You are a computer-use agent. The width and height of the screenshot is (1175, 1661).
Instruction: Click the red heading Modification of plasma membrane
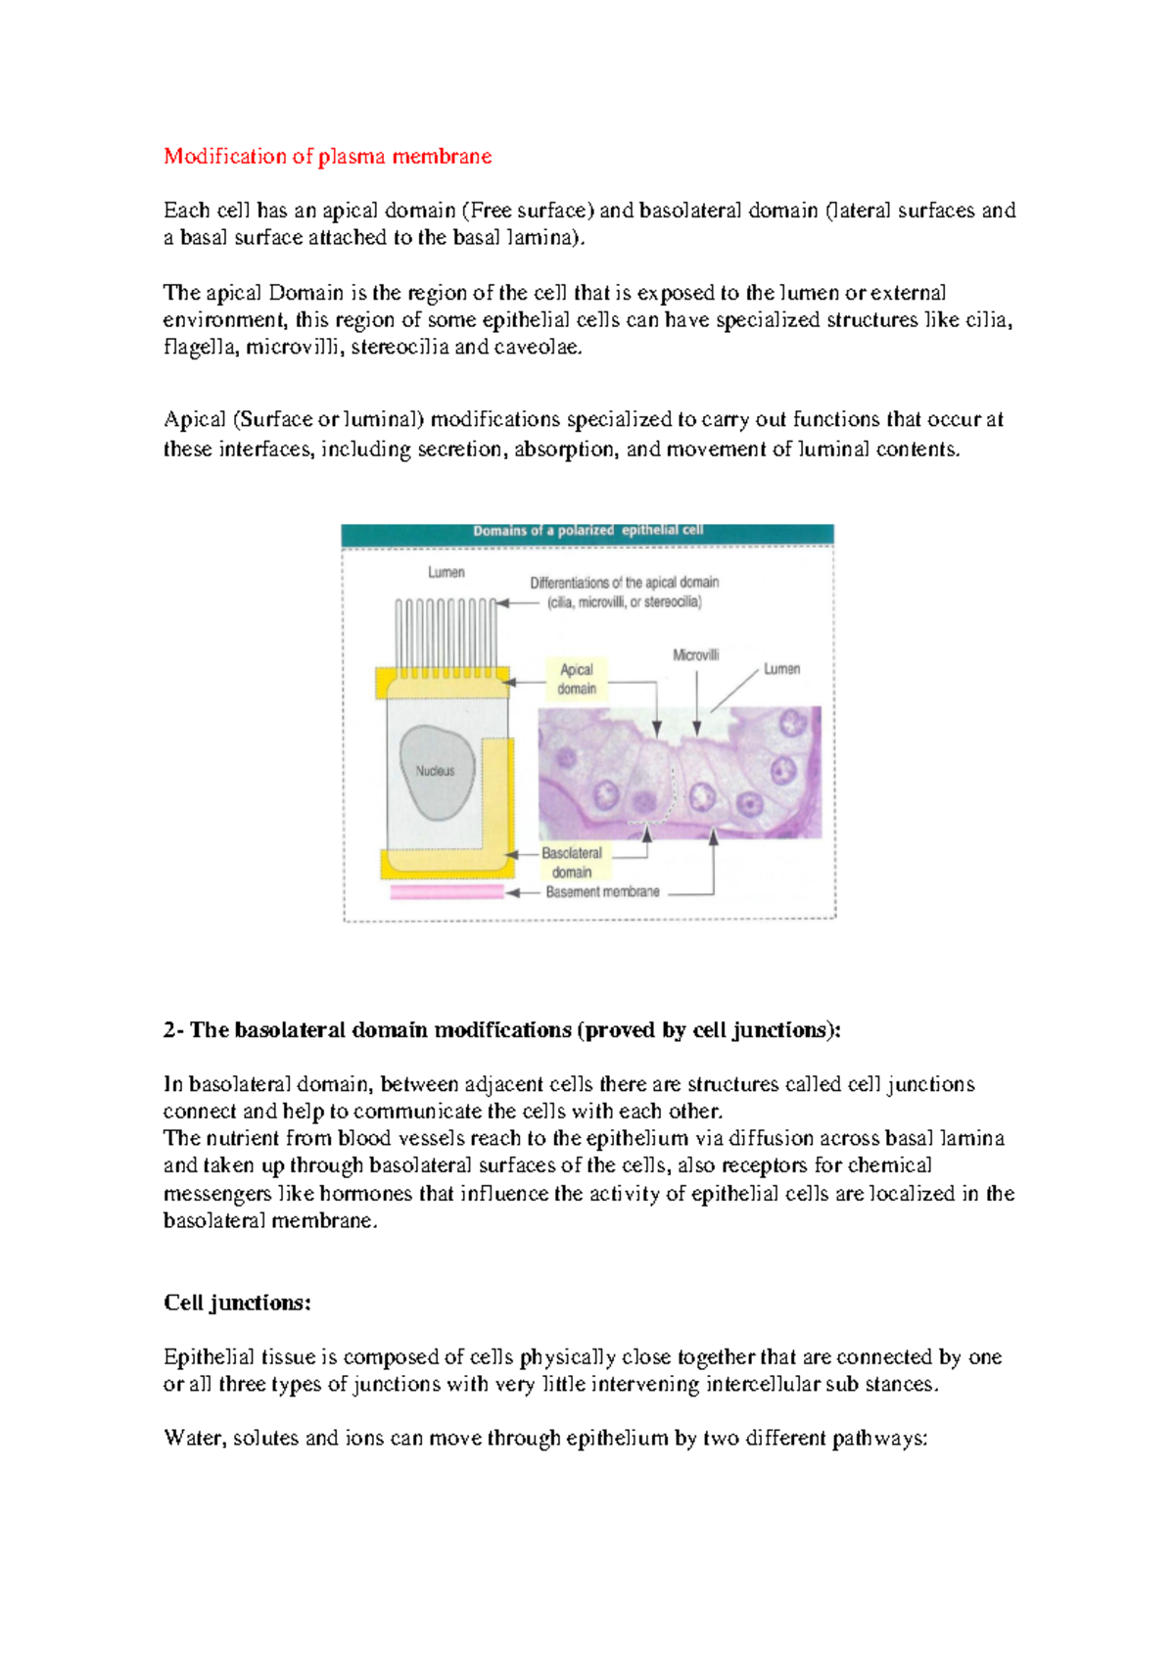tap(327, 157)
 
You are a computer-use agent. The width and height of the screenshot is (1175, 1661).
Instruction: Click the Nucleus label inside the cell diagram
tap(435, 771)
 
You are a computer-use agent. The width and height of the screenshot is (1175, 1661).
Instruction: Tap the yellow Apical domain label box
tap(577, 679)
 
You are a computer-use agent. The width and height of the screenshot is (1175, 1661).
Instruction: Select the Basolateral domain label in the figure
tap(572, 862)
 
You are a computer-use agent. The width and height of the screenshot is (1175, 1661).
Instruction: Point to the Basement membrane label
tap(602, 892)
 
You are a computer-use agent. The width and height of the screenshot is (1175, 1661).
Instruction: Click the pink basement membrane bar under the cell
tap(446, 892)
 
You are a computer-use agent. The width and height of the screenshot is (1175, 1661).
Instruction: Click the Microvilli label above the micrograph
tap(695, 654)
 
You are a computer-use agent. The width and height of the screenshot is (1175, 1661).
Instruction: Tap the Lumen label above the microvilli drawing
tap(446, 572)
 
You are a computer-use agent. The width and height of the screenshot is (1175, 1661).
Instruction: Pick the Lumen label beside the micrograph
tap(781, 669)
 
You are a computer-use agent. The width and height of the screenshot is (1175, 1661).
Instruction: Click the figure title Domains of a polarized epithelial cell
tap(587, 531)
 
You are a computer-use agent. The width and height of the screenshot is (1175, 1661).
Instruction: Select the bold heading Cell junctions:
tap(237, 1303)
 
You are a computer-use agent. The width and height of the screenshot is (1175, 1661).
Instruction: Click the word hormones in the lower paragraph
tap(366, 1194)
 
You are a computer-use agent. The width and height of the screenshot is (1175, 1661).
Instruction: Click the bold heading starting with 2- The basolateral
tap(501, 1030)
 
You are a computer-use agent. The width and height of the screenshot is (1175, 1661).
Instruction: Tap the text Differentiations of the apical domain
tap(624, 583)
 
